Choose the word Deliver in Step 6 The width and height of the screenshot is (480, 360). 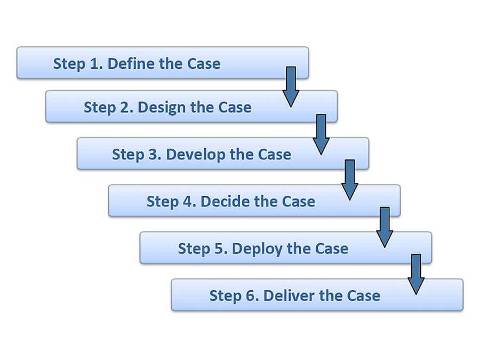tap(289, 295)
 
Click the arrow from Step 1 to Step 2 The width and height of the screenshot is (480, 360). tap(291, 86)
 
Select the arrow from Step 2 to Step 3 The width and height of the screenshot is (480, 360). tap(321, 134)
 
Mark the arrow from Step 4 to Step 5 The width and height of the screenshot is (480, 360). tap(385, 227)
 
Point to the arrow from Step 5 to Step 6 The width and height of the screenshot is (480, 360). tap(416, 274)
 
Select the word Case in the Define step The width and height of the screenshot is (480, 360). tap(204, 64)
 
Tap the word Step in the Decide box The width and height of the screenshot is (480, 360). tap(163, 202)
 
